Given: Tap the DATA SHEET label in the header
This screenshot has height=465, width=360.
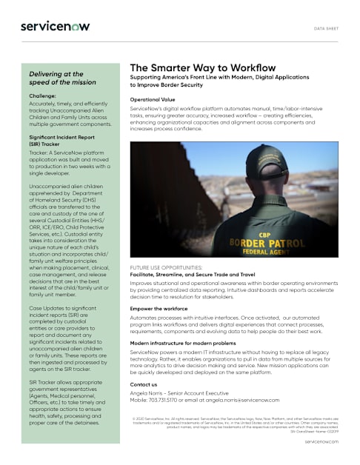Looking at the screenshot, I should click(x=327, y=28).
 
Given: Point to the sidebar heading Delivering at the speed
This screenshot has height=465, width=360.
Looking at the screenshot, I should click(x=66, y=79).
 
